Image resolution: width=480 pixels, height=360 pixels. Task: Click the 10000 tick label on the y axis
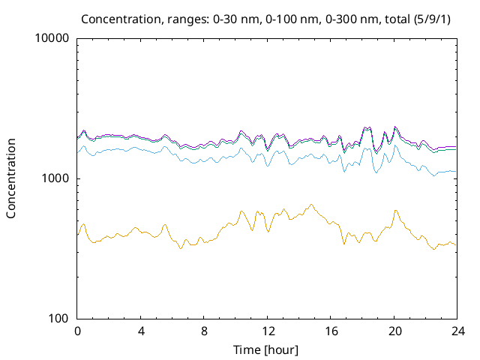(52, 38)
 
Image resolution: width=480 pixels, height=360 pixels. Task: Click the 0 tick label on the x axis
(77, 331)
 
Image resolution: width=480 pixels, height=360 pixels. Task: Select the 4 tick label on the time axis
(141, 331)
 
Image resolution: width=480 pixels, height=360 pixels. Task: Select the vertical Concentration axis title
(11, 178)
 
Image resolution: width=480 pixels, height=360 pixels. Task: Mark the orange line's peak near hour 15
(311, 204)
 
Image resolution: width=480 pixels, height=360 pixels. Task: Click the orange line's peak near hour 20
(395, 211)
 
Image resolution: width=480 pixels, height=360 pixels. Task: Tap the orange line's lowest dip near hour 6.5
(181, 248)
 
